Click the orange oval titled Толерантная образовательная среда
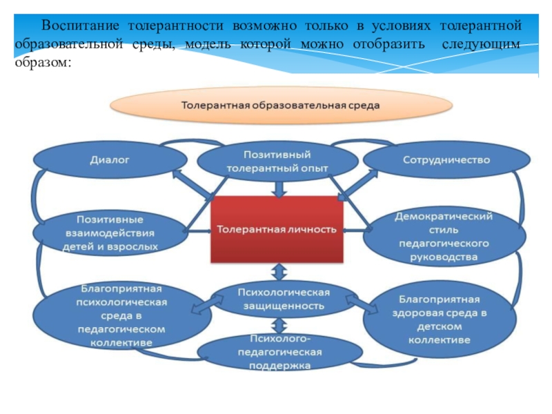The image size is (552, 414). (x=280, y=106)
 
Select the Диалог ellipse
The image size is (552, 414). (x=110, y=160)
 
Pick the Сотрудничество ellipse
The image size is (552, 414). (x=446, y=160)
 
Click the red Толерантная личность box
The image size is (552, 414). (x=277, y=229)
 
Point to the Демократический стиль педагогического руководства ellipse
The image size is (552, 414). (x=444, y=237)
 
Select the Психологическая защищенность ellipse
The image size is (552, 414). (x=281, y=297)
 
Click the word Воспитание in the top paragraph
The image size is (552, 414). (x=77, y=26)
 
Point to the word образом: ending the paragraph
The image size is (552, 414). (x=41, y=61)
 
